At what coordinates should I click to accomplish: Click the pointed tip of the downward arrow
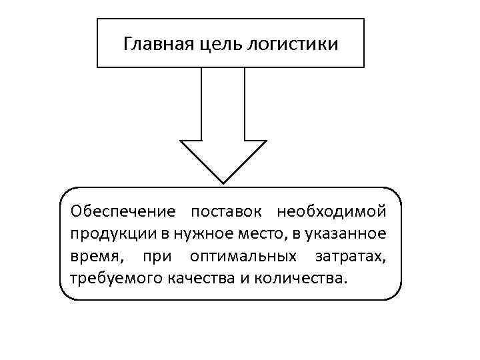click(x=223, y=181)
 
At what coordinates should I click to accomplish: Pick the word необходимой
click(x=331, y=211)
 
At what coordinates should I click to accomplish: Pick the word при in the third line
click(x=154, y=256)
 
